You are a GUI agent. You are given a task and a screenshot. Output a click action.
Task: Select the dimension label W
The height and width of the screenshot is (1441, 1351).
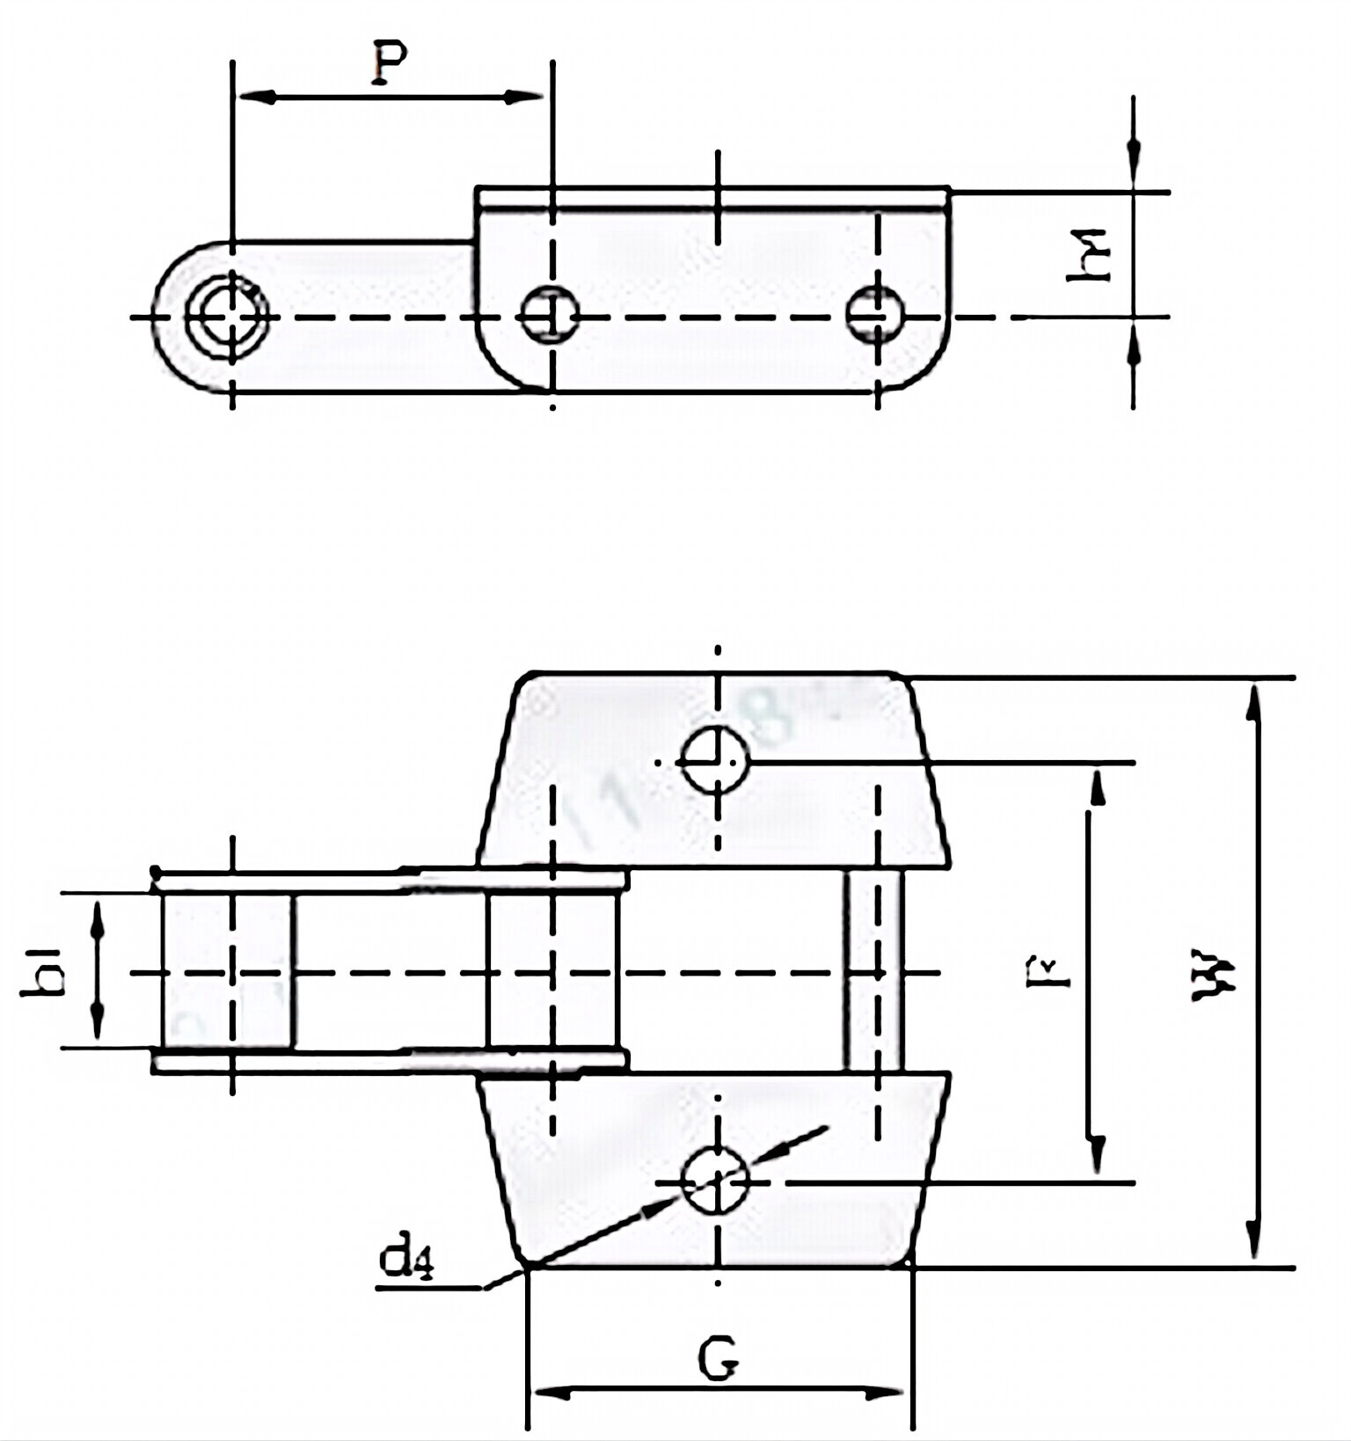click(x=1216, y=974)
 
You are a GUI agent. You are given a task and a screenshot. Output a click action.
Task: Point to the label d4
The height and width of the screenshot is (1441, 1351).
click(x=405, y=1262)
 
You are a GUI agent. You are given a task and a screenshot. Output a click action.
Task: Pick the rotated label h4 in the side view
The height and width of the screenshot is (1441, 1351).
click(x=1089, y=254)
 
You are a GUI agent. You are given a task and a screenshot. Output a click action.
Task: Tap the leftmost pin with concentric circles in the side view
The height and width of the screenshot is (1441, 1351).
click(x=227, y=316)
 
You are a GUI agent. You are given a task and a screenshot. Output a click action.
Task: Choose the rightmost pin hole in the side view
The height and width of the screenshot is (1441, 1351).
click(x=875, y=315)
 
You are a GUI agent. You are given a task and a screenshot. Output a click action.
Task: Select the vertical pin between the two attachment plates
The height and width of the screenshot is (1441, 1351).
click(x=873, y=969)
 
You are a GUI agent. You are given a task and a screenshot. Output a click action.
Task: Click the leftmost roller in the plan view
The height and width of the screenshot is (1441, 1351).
click(x=227, y=971)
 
